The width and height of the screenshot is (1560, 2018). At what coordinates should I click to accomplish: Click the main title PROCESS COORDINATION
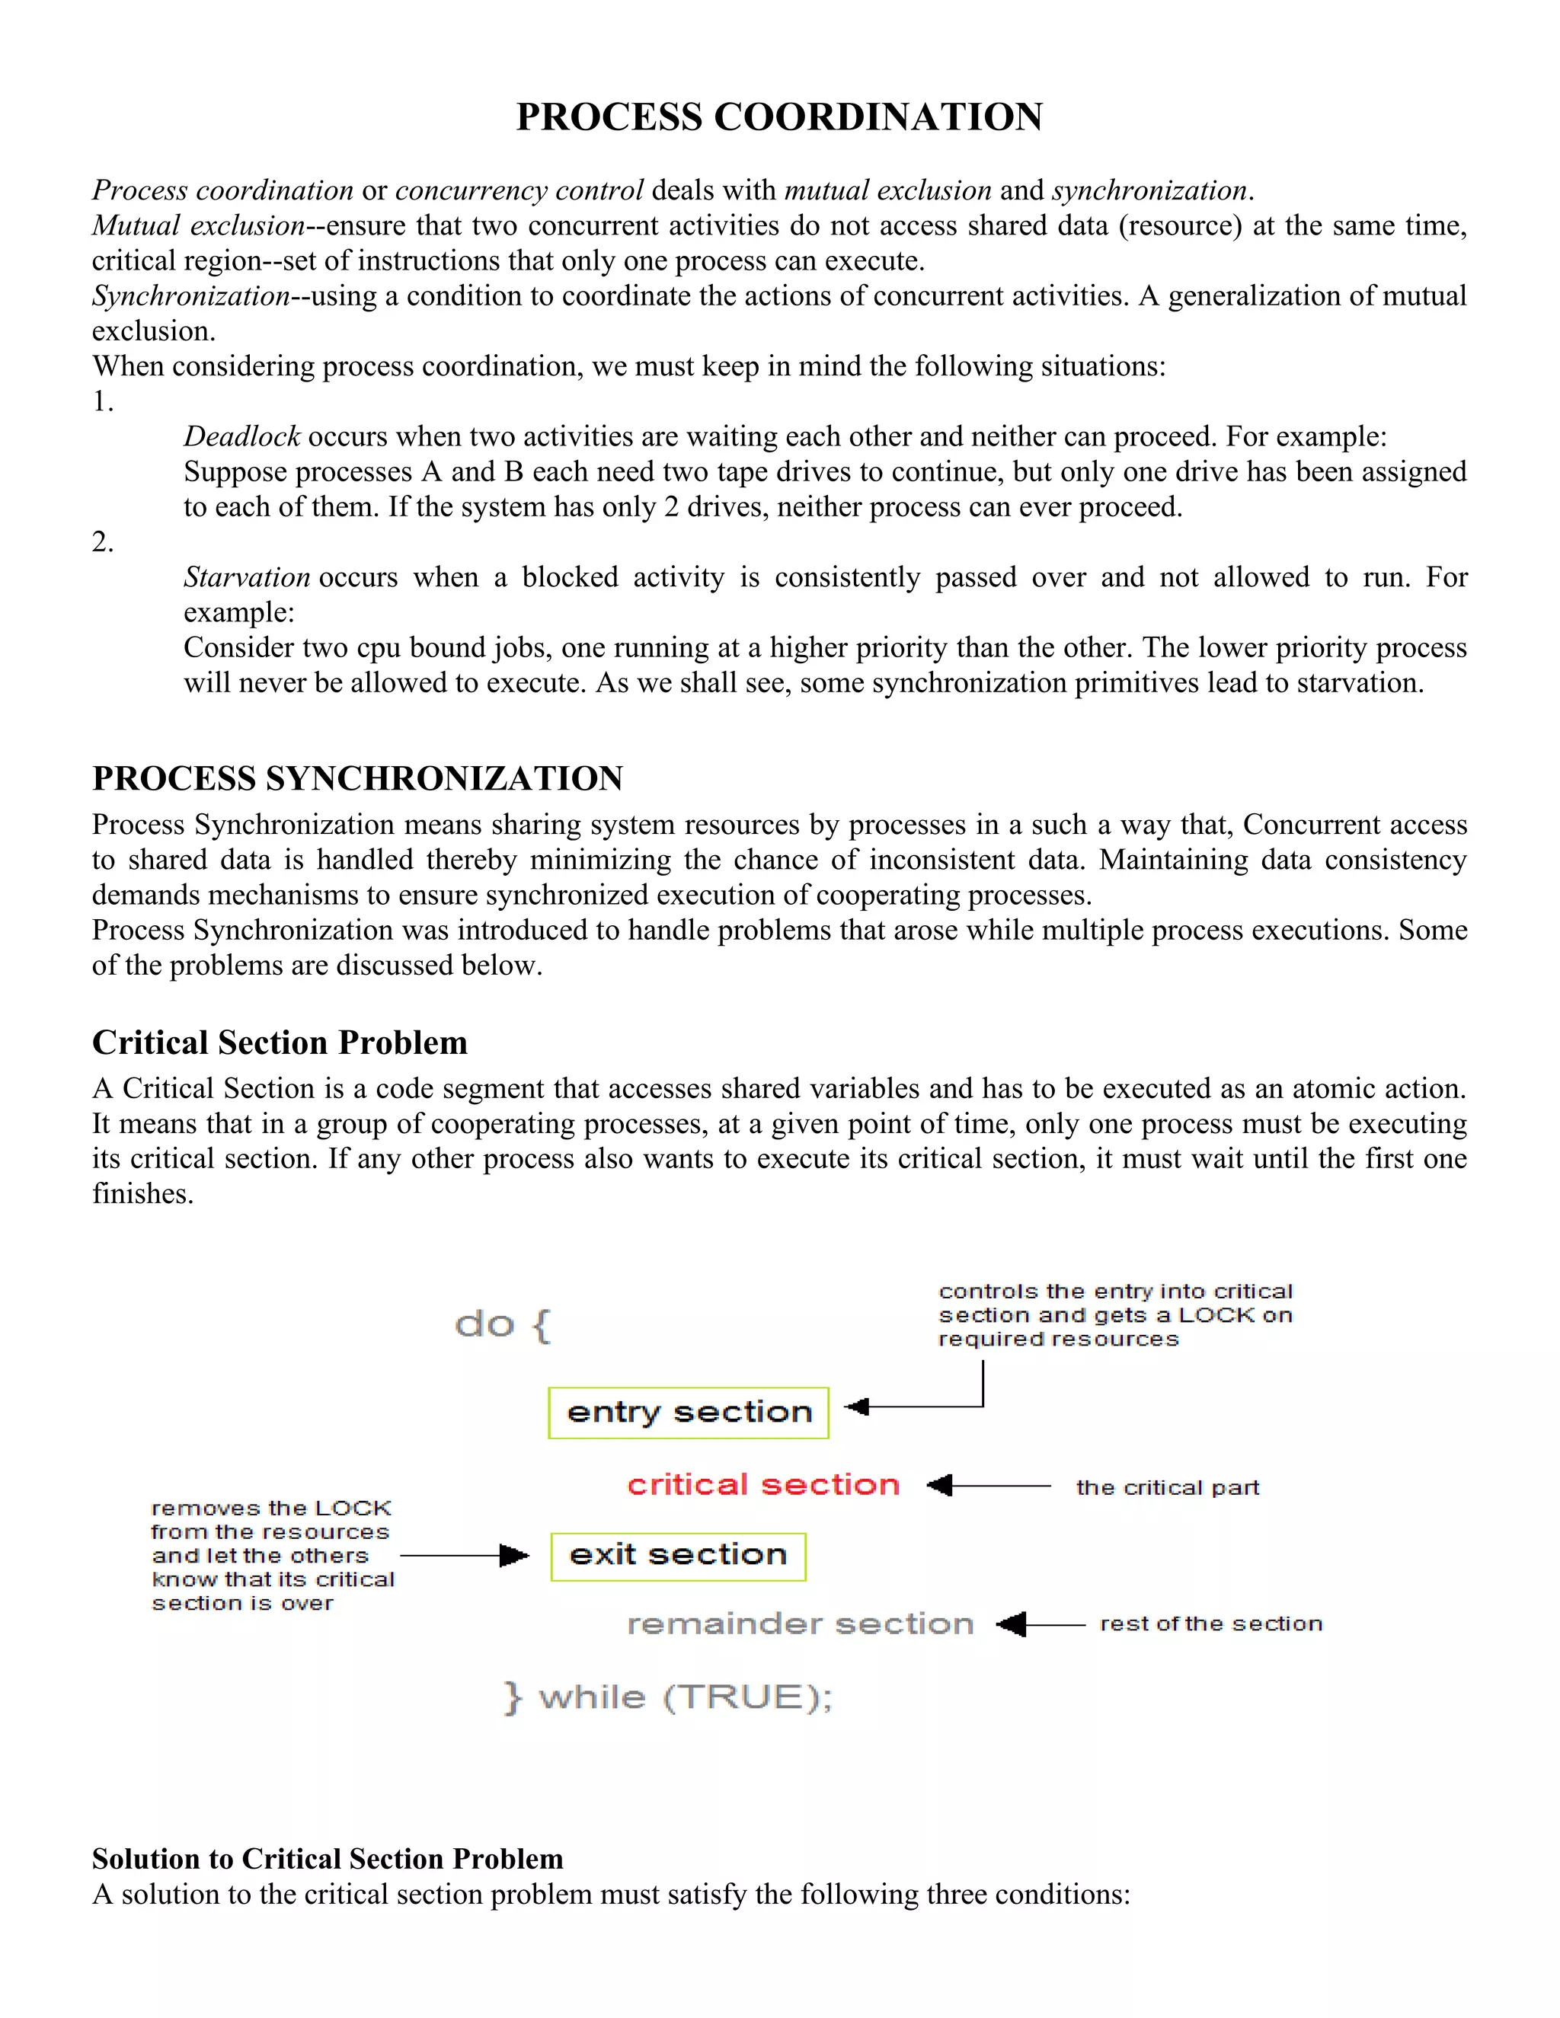pos(779,117)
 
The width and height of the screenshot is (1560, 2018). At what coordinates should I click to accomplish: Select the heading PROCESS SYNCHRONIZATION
pos(358,778)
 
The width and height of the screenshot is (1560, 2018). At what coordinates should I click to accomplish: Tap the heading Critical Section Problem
pos(279,1043)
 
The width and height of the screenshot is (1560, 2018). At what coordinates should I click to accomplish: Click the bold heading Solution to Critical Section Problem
pos(327,1858)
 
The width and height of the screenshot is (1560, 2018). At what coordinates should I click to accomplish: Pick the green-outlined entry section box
pos(689,1412)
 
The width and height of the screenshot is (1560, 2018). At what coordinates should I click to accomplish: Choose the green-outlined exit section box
pos(679,1555)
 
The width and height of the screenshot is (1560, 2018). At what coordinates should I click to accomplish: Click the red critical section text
pos(763,1484)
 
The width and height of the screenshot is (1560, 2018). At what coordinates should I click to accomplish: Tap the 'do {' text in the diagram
pos(503,1325)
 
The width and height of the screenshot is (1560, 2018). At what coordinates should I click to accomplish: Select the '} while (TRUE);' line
pos(668,1697)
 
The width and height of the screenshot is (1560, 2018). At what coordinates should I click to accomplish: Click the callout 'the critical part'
pos(1167,1486)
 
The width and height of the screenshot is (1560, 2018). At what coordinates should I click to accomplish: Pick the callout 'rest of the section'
pos(1210,1624)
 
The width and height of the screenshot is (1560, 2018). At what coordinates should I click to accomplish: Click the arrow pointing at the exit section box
pos(465,1556)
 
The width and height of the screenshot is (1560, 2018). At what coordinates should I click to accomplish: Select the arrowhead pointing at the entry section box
pos(858,1407)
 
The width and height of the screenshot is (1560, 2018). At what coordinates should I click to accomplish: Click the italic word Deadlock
pos(241,436)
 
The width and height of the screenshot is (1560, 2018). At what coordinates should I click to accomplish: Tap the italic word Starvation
pos(247,576)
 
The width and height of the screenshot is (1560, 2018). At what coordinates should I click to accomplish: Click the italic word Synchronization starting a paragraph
pos(191,295)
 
